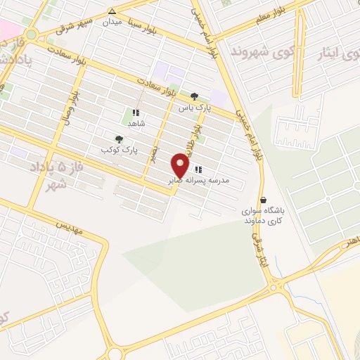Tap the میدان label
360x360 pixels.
coord(112,22)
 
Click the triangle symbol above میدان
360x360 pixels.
coord(112,11)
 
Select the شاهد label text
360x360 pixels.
coord(136,123)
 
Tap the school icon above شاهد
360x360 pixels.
coord(136,112)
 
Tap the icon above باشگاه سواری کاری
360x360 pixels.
coord(263,200)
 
